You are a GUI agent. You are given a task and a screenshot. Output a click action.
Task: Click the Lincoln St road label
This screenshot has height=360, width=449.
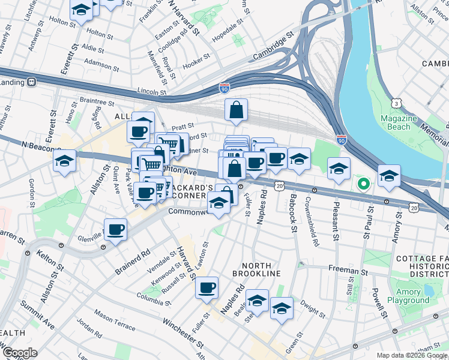click(151, 92)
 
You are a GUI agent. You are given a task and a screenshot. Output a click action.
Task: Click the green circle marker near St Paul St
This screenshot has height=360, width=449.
click(363, 184)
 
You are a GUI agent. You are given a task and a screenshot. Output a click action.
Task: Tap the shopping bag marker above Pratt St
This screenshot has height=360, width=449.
click(237, 110)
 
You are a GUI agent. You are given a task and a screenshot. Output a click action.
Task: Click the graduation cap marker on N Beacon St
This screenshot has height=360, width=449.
click(64, 160)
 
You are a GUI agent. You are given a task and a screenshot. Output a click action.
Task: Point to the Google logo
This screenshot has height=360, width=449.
click(19, 353)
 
